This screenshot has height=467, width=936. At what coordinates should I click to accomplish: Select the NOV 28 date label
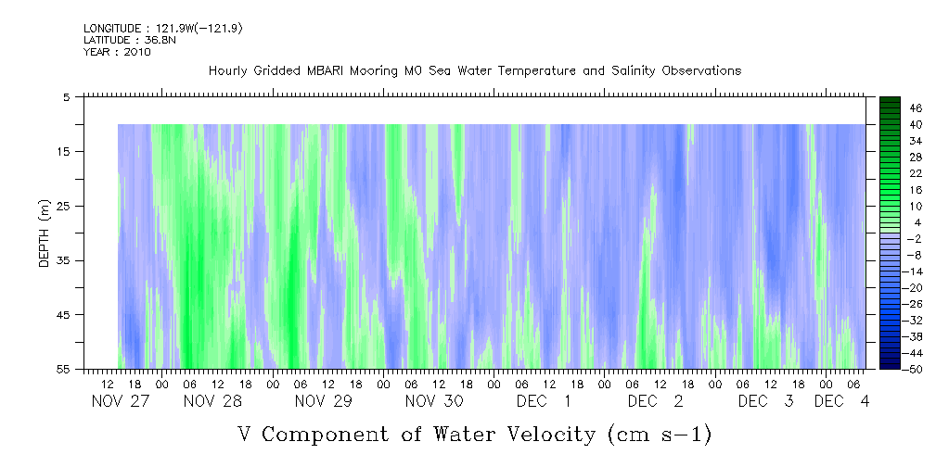212,401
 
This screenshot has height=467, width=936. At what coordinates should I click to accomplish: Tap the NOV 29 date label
323,401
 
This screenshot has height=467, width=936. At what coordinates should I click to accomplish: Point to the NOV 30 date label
434,401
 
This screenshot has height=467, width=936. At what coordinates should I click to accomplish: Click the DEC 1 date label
545,401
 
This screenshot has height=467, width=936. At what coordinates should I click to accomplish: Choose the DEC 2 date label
656,401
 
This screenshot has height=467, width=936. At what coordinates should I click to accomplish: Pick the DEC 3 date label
766,401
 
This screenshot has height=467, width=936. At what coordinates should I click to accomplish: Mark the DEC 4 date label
842,401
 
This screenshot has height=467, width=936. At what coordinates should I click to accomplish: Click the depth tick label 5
67,96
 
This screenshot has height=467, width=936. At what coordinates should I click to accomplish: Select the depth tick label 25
64,206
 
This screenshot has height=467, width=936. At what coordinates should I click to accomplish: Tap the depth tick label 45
64,315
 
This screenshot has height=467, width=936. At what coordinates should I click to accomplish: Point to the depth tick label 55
64,370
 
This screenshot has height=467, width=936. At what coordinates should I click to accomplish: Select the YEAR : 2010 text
117,52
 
